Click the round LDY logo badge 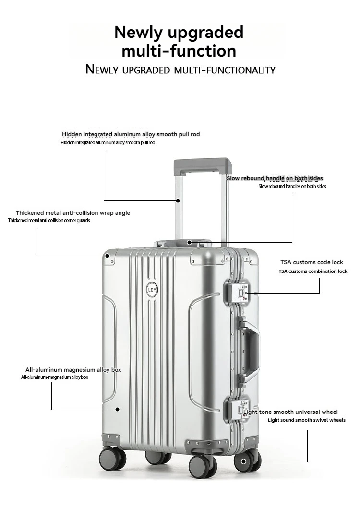[x=152, y=289]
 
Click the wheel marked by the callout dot [x=244, y=462]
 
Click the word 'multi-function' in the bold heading [x=179, y=51]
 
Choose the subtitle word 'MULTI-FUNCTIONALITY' [x=225, y=70]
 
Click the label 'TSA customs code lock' [x=312, y=262]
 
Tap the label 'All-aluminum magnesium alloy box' [x=73, y=370]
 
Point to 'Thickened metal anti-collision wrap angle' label [x=72, y=213]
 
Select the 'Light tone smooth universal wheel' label [x=290, y=412]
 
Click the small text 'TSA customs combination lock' [x=312, y=271]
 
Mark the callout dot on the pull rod [x=178, y=200]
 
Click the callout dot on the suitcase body [x=117, y=409]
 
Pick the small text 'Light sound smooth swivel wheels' [x=306, y=420]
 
